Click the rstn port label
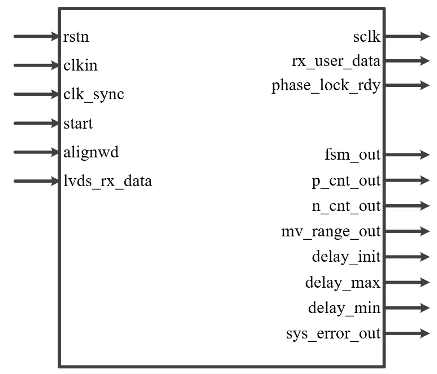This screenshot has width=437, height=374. pos(76,37)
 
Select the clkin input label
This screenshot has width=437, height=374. pos(81,66)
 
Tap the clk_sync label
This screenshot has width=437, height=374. pos(94,95)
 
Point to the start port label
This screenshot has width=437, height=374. pos(79,124)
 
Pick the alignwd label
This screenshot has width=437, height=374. pos(91,152)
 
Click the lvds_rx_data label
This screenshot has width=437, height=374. pos(108,182)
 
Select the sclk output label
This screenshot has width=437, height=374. pos(367,37)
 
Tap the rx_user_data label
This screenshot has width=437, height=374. pos(336,61)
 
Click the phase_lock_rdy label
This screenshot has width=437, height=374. pos(326,86)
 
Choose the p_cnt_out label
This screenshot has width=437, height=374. pos(347,181)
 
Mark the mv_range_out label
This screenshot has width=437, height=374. pos(331,231)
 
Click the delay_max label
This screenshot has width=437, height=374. pos(343,282)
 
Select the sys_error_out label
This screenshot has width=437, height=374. pos(334,333)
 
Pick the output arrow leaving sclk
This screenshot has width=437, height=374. pos(406,37)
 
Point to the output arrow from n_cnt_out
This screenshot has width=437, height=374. pos(406,206)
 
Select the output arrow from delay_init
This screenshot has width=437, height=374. pos(406,257)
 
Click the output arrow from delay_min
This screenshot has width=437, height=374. pos(406,308)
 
